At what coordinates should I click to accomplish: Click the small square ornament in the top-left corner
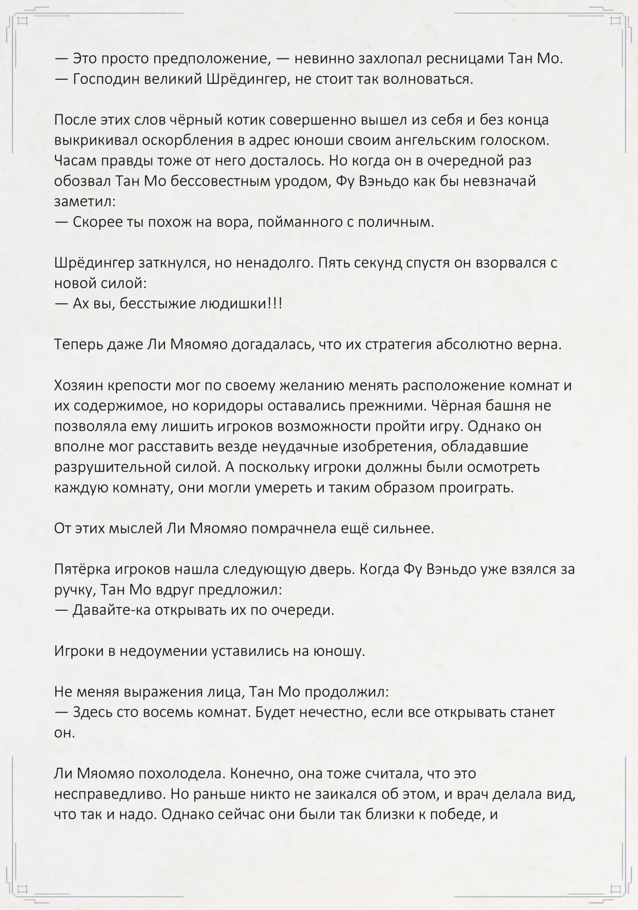pyautogui.click(x=23, y=22)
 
